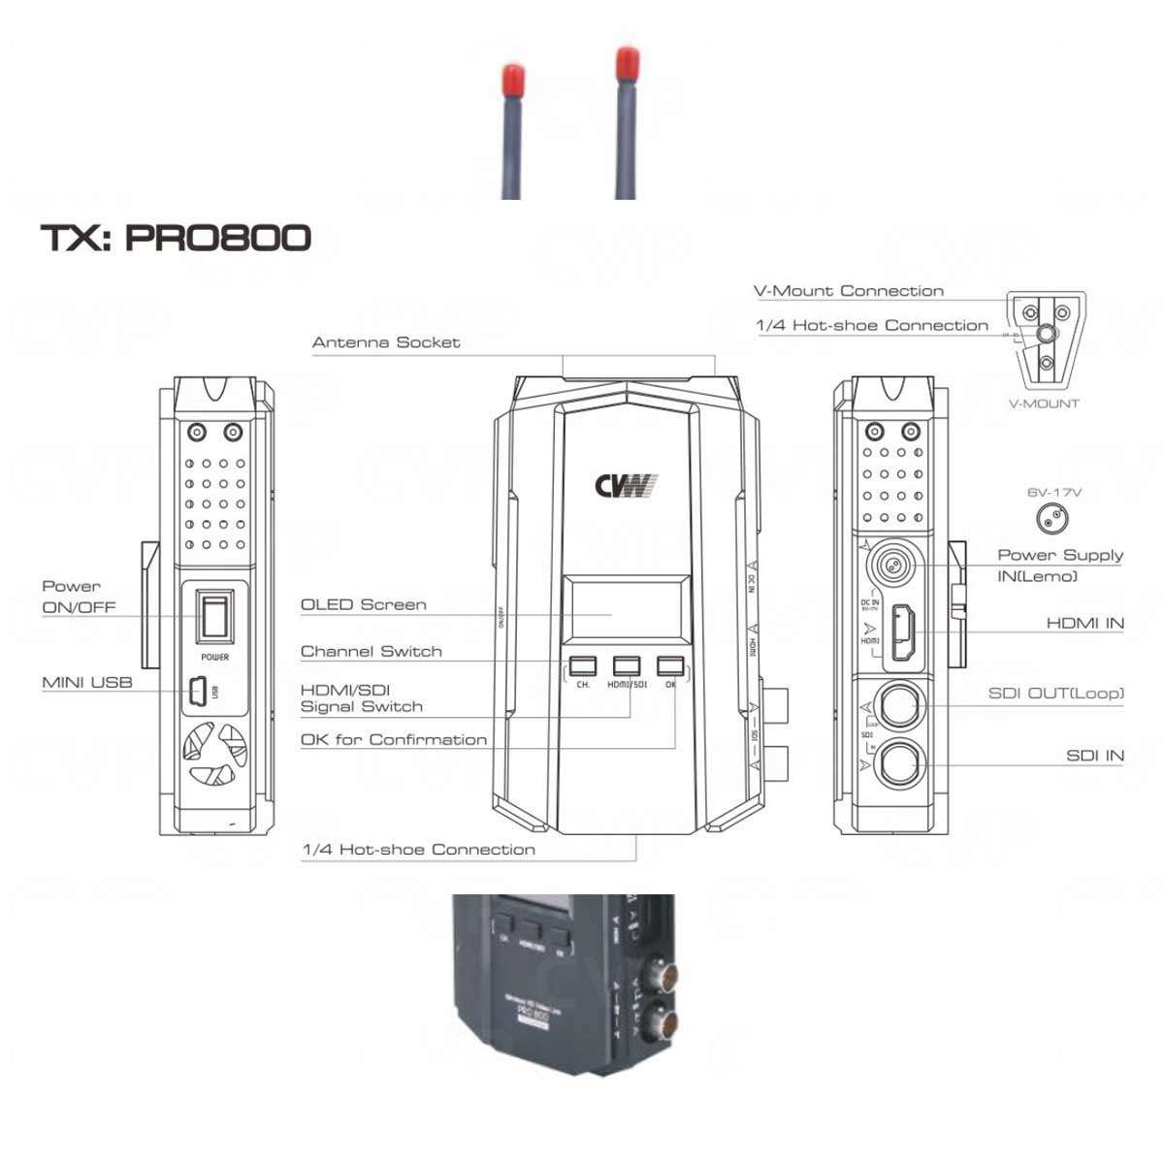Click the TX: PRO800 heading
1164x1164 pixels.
coord(176,238)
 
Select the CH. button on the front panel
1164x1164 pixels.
coord(582,665)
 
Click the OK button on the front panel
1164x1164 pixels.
coord(670,665)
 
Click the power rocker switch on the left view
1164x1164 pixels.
coord(214,615)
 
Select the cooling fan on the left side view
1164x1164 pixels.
coord(214,754)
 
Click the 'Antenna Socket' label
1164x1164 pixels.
coord(386,342)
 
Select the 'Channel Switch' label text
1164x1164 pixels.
coord(371,651)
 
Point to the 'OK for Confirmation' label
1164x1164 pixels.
coord(394,739)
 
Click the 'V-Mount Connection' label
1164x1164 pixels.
coord(849,291)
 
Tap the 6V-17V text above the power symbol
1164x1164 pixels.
coord(1054,492)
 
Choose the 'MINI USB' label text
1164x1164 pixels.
coord(86,683)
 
